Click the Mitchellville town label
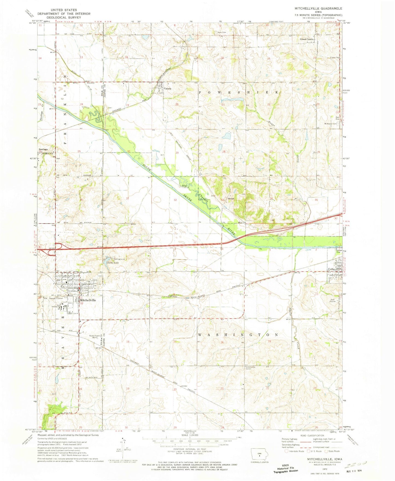[x=88, y=300]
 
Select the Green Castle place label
[x=306, y=39]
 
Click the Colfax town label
[x=332, y=269]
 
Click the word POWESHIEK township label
[x=238, y=92]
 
